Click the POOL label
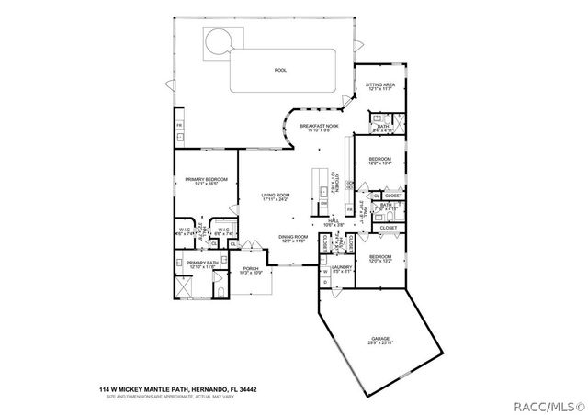[x=280, y=70]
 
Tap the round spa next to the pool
[x=218, y=41]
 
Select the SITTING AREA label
[x=380, y=85]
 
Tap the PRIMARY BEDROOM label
[x=206, y=181]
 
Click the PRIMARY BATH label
[x=202, y=264]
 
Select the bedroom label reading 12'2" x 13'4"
[x=380, y=162]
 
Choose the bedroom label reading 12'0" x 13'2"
[x=380, y=259]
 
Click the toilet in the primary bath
[x=220, y=292]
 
